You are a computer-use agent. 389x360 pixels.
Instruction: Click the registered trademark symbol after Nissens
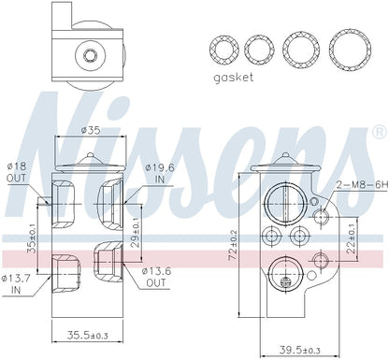point(377,129)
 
